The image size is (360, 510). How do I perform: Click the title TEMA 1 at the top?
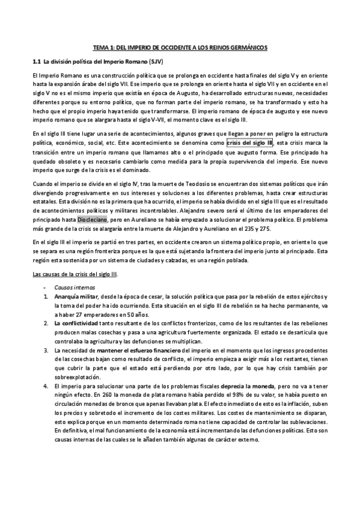[x=180, y=47]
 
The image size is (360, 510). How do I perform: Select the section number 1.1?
[x=36, y=62]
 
